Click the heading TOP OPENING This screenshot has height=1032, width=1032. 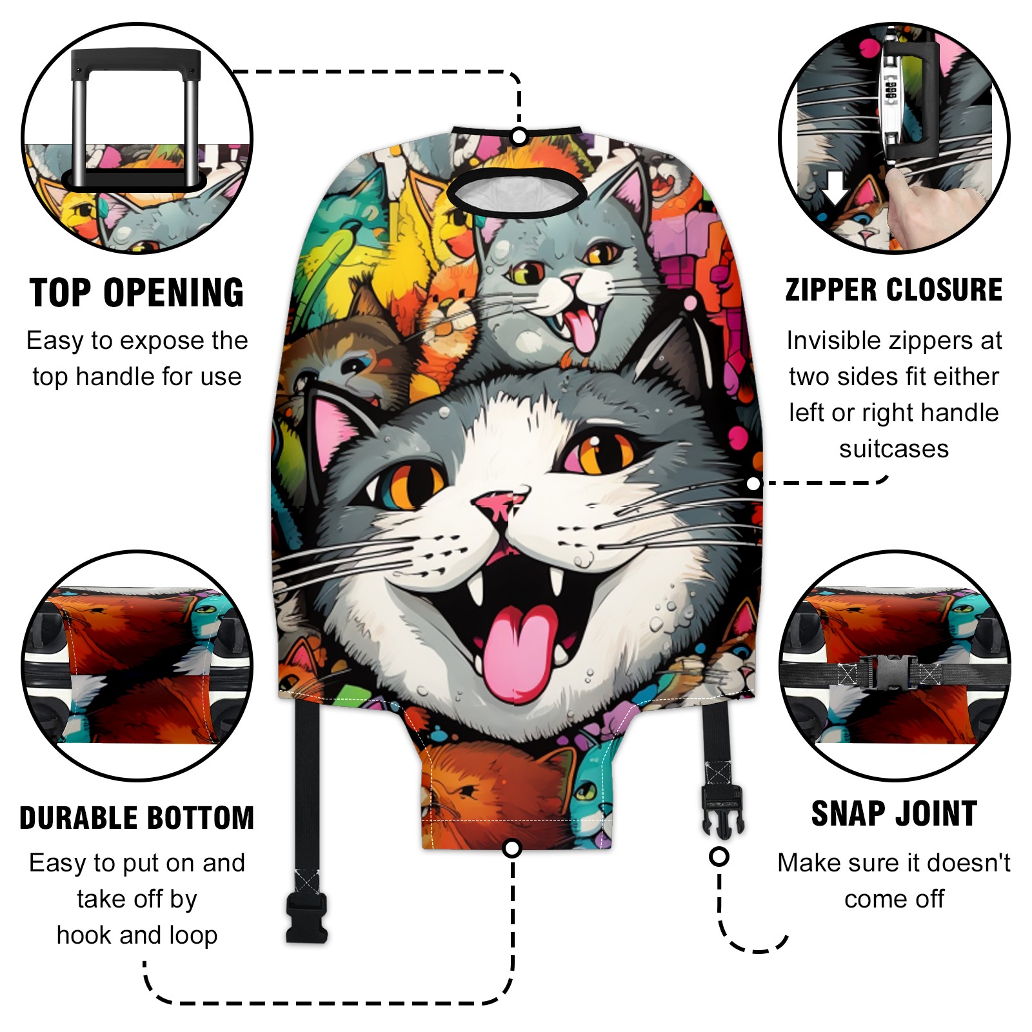click(x=137, y=293)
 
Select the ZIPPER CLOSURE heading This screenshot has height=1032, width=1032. click(x=894, y=290)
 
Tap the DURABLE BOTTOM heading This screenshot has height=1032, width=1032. click(x=137, y=818)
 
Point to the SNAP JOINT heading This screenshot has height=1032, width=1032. click(x=894, y=813)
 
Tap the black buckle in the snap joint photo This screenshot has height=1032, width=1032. click(x=888, y=672)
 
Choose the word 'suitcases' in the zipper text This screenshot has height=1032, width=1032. click(x=894, y=449)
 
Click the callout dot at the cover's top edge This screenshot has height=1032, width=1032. click(x=519, y=136)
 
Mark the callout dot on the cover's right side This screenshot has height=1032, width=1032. click(x=753, y=483)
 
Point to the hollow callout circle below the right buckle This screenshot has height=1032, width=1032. click(x=719, y=857)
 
